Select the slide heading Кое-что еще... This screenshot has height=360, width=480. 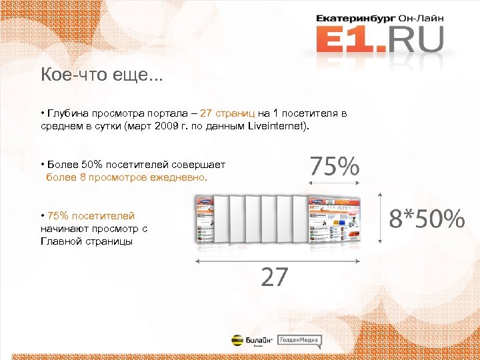(101, 75)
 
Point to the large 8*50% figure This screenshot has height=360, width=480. (427, 218)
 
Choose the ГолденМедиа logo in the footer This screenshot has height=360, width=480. (299, 340)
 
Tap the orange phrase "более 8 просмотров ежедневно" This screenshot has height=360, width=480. (127, 178)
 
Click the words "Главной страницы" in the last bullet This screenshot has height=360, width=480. (86, 241)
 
